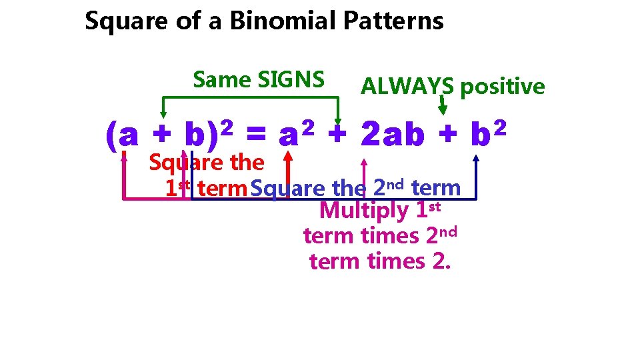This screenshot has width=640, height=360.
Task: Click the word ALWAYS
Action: coord(407,87)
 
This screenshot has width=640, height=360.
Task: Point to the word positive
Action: coord(503,87)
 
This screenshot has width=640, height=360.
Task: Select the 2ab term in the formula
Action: coord(392,135)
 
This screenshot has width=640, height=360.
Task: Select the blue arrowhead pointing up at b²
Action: coord(477,158)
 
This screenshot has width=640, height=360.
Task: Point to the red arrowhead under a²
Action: coord(288,157)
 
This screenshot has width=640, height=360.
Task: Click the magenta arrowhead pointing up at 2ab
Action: coord(363,161)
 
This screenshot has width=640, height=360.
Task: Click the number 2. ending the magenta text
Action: coord(441,261)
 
